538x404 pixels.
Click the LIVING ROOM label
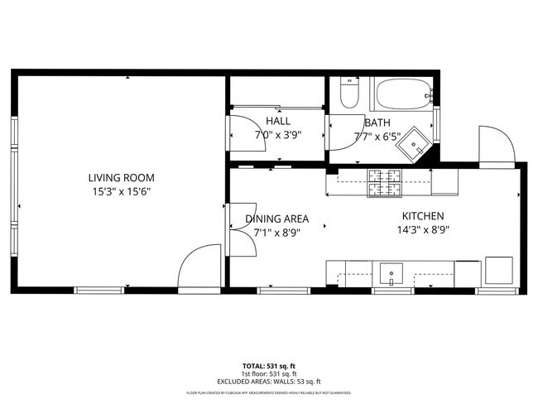(x=122, y=177)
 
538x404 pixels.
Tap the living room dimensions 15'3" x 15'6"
(x=122, y=191)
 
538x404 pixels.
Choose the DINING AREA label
(x=276, y=219)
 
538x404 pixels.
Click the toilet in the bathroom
(x=348, y=94)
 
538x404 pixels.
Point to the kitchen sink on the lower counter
(x=390, y=272)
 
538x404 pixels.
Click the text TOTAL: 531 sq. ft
(x=268, y=364)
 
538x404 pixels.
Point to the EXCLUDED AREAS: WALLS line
(x=268, y=381)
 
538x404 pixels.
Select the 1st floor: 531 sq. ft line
(x=268, y=373)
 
